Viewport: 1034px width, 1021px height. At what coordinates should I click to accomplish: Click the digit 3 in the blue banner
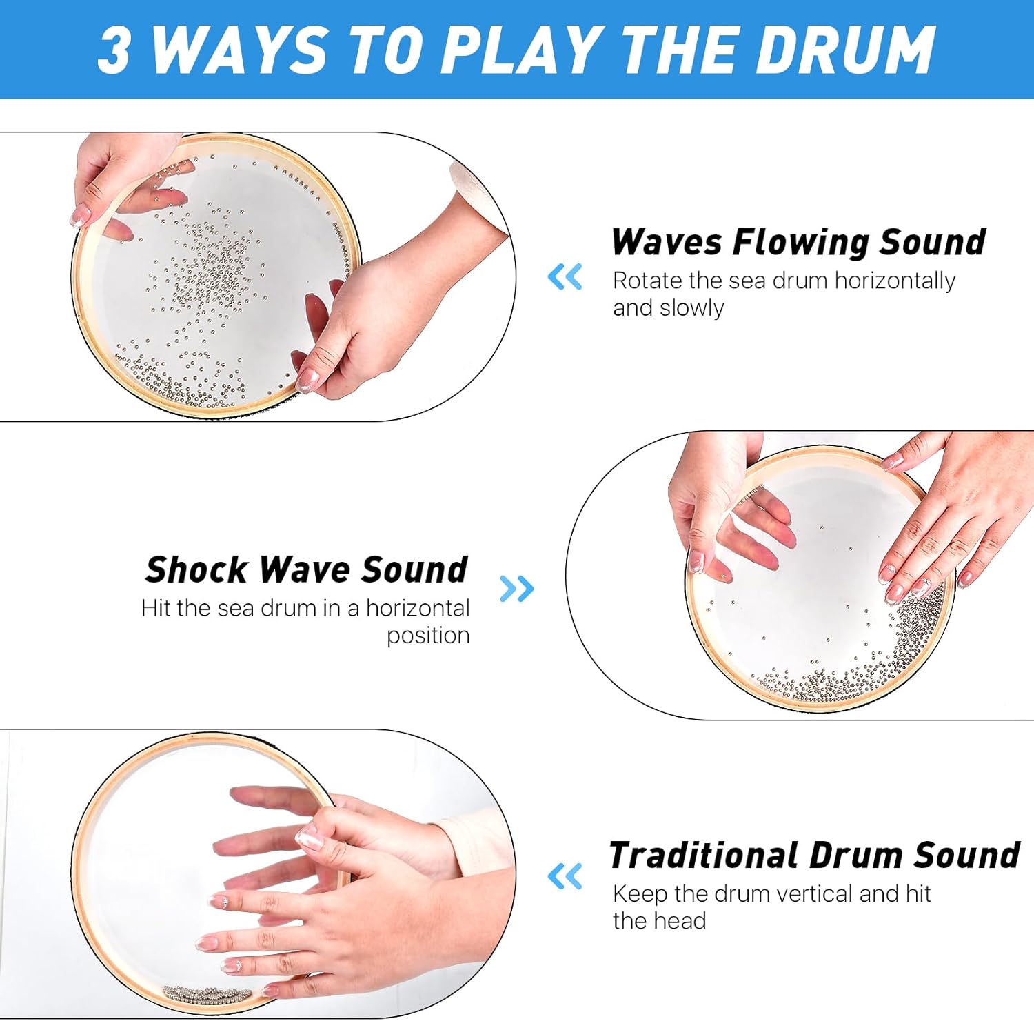tap(114, 50)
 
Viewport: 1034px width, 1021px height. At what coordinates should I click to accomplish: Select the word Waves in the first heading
tap(667, 243)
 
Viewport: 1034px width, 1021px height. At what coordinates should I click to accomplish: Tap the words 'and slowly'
tap(668, 308)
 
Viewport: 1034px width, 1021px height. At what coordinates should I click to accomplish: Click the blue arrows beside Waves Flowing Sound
tap(565, 277)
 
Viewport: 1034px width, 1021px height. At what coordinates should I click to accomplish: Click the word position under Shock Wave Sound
tap(427, 636)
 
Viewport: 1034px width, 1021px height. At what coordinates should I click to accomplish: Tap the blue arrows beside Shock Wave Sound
tap(516, 589)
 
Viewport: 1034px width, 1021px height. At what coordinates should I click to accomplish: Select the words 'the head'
tap(659, 922)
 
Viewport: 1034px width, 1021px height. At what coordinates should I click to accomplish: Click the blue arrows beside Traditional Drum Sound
tap(565, 877)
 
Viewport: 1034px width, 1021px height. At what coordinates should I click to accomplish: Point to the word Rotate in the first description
tap(647, 281)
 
